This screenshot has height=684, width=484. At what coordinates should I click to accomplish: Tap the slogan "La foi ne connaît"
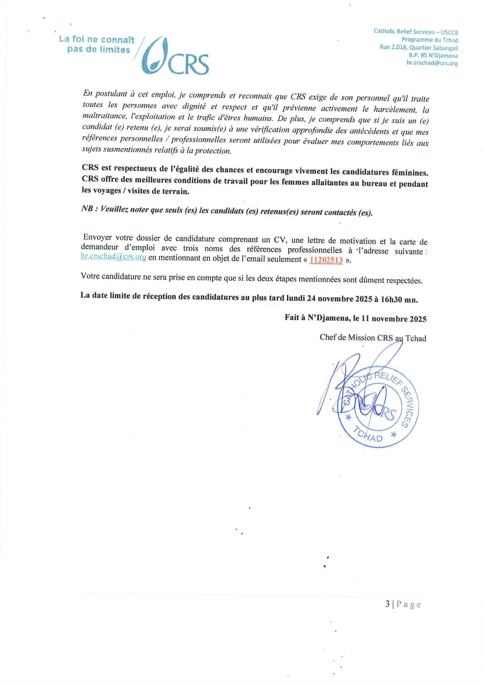[x=97, y=40]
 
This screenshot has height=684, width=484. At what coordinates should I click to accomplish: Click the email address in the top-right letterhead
[x=432, y=63]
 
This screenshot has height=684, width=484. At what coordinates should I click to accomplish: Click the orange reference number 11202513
[x=326, y=260]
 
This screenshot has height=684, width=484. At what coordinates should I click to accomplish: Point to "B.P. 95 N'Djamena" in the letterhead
[x=433, y=56]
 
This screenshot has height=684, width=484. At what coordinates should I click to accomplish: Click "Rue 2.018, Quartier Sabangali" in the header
[x=419, y=48]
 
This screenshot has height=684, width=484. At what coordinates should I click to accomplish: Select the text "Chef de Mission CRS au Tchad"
[x=373, y=338]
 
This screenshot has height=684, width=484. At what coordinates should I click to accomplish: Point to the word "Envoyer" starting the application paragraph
[x=97, y=237]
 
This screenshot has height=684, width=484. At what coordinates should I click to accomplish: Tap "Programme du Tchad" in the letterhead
[x=430, y=40]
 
